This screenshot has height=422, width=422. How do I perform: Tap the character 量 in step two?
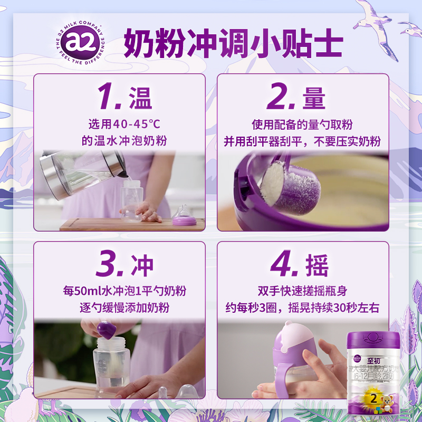[314, 98]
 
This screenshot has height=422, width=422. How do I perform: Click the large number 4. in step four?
[284, 265]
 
